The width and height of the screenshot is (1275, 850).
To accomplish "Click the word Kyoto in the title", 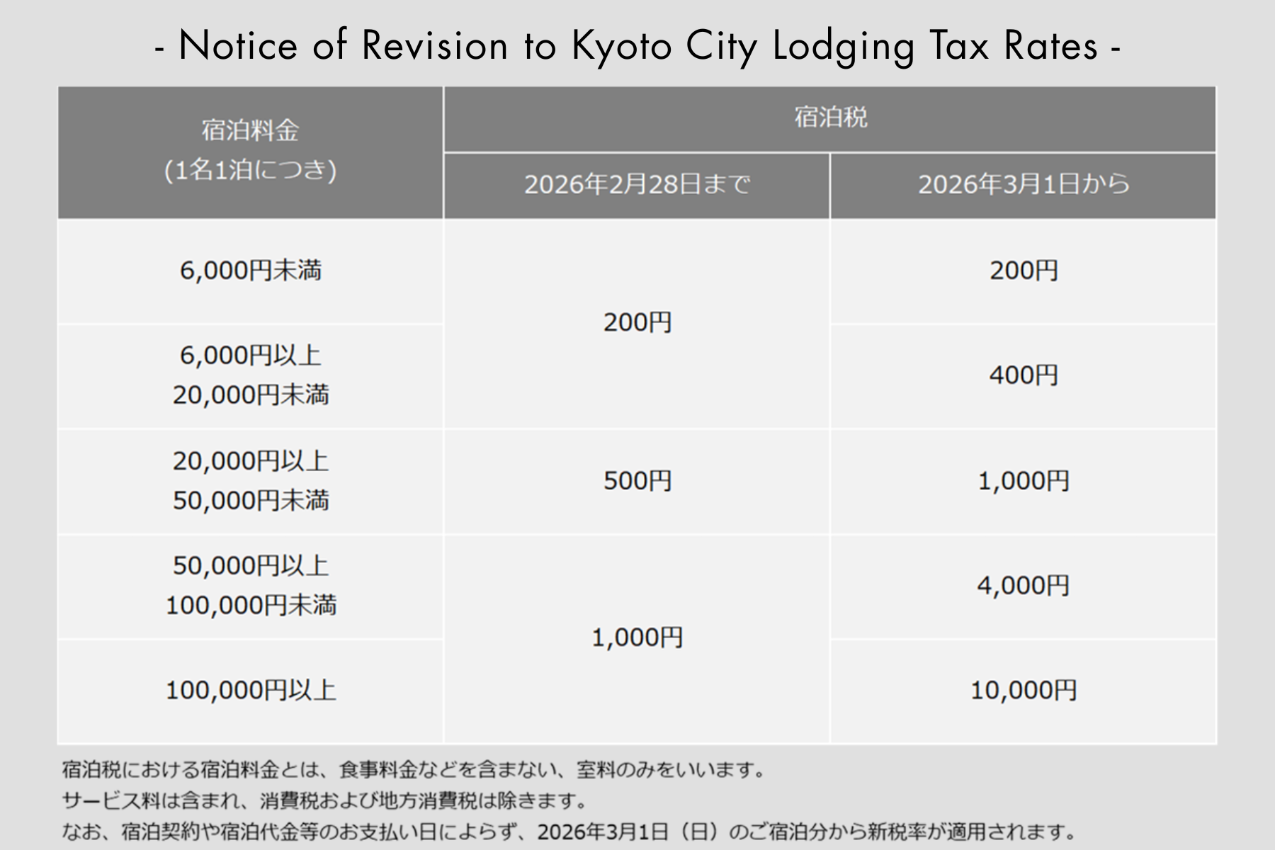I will coord(621,47).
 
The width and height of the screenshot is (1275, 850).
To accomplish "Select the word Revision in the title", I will coord(435,47).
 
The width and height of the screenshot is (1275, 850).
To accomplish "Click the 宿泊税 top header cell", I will coord(830,118).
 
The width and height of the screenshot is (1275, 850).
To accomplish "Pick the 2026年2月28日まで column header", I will coord(637,185).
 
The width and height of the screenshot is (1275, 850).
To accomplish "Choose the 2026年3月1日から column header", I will coord(1024,185).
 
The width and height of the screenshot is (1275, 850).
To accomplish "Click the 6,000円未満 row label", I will coord(251,271).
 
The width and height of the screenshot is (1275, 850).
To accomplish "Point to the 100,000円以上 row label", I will coord(251,690).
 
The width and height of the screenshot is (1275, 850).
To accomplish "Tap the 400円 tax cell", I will coord(1024,375).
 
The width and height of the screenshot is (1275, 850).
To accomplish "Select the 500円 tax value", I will coord(637,481).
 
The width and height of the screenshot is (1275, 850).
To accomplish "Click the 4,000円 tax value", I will coord(1024,586).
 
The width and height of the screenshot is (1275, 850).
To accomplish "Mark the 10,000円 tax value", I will coord(1024,690).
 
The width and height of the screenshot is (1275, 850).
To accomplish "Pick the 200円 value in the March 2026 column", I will coord(1024,271).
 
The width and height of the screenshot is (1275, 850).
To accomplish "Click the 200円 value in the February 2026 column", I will coord(637,323).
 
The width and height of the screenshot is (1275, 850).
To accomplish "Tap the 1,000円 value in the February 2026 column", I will coord(637,638).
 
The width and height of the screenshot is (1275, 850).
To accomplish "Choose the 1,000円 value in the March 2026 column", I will coord(1024,481).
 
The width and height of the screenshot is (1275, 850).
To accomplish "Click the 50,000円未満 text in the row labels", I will coord(251,501).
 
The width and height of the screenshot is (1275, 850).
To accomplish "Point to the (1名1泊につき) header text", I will coord(251,171).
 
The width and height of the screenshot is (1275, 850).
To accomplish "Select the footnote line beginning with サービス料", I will coord(326,801).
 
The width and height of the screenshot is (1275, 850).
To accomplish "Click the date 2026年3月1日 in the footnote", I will coord(602,831).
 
